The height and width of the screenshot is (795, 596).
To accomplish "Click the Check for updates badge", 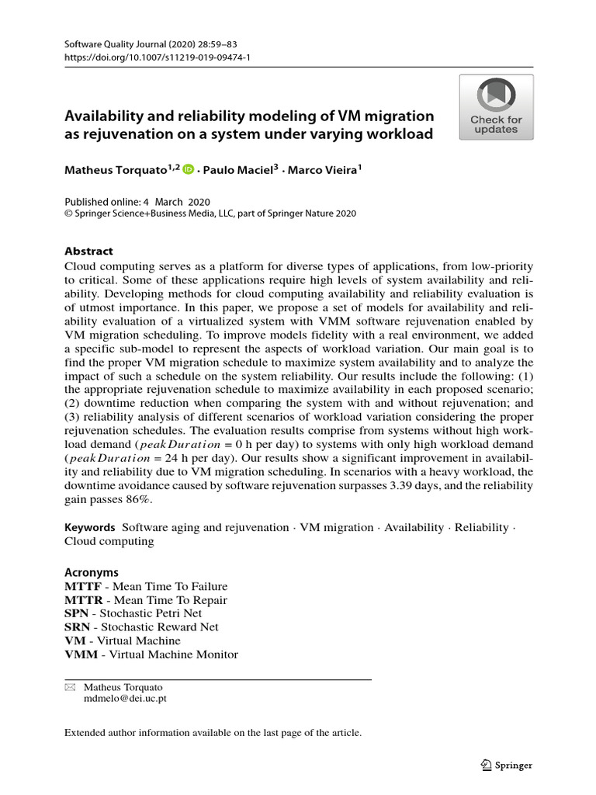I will coord(496,107).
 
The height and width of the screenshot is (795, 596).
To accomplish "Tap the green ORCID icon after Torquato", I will coord(189,168).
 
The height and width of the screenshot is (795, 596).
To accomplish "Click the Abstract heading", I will coord(88,251).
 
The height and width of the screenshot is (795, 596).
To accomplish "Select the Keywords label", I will coord(90,527).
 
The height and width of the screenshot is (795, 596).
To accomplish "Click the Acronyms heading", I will coord(91,571).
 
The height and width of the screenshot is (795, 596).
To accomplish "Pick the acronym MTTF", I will coord(82,586).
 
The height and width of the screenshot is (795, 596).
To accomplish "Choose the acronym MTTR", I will coord(82,600).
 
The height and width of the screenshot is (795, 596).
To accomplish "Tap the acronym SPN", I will coord(76,613).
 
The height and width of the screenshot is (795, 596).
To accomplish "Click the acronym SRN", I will coord(76,627).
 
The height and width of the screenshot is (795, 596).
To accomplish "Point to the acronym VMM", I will coord(81,654).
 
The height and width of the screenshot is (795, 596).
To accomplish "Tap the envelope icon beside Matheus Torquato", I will coord(69,687).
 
